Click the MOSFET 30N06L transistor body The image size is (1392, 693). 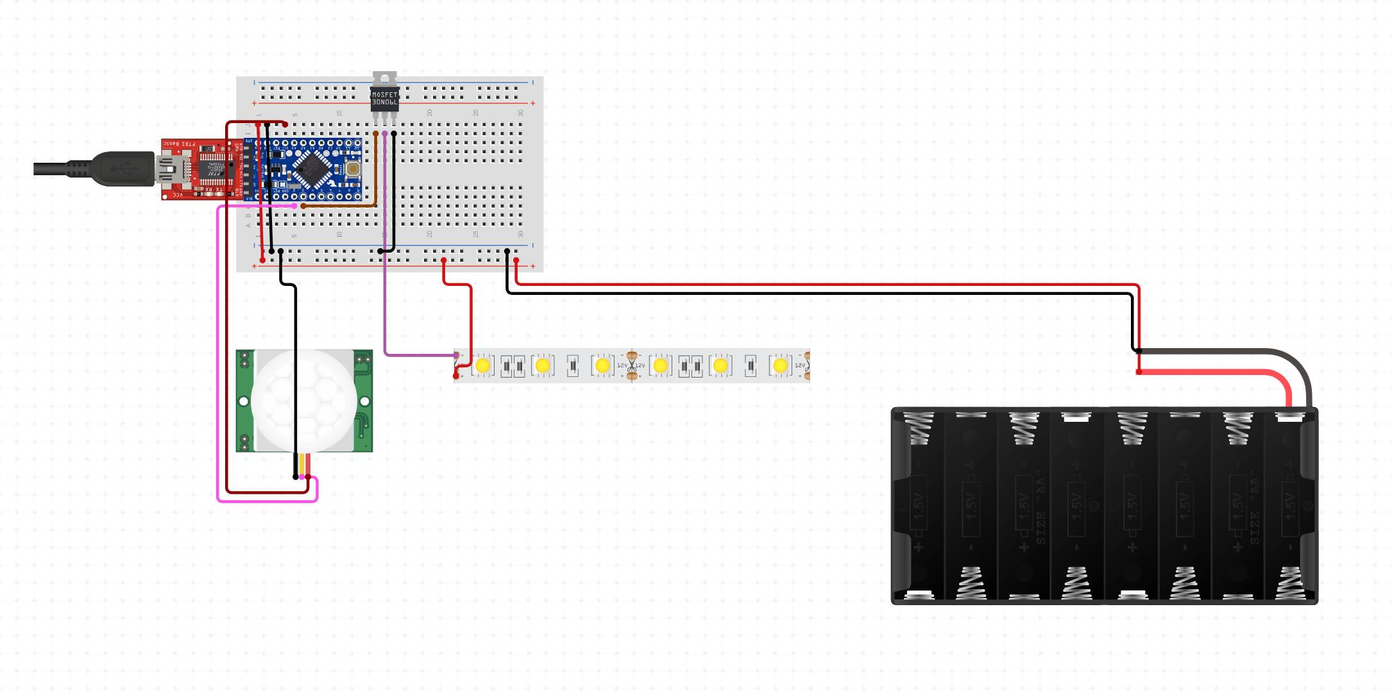click(x=384, y=98)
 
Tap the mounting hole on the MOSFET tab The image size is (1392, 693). click(x=384, y=78)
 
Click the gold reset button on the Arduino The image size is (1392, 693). click(x=352, y=169)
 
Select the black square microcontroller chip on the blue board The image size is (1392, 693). click(x=312, y=169)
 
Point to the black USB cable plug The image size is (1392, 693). click(x=122, y=169)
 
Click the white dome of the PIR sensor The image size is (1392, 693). click(x=303, y=400)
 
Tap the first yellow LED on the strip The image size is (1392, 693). click(x=482, y=365)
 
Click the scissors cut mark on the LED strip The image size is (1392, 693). click(x=632, y=365)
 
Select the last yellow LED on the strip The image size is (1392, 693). click(x=780, y=365)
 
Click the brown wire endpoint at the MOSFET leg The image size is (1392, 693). click(x=375, y=134)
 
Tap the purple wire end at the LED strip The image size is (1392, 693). click(x=456, y=355)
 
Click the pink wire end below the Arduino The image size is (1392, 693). click(x=294, y=206)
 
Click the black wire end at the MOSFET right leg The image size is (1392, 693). click(x=394, y=134)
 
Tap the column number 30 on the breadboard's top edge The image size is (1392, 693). click(x=521, y=113)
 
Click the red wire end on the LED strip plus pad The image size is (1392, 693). click(x=456, y=376)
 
